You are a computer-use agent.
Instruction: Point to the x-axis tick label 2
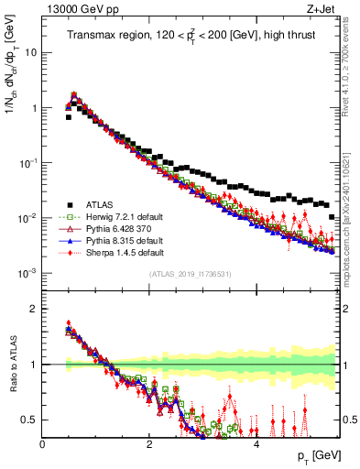149,443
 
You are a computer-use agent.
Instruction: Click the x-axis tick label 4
256,443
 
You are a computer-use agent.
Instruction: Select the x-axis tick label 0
42,443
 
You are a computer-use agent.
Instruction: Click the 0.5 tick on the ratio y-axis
29,420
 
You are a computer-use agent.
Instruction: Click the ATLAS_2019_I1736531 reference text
191,274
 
